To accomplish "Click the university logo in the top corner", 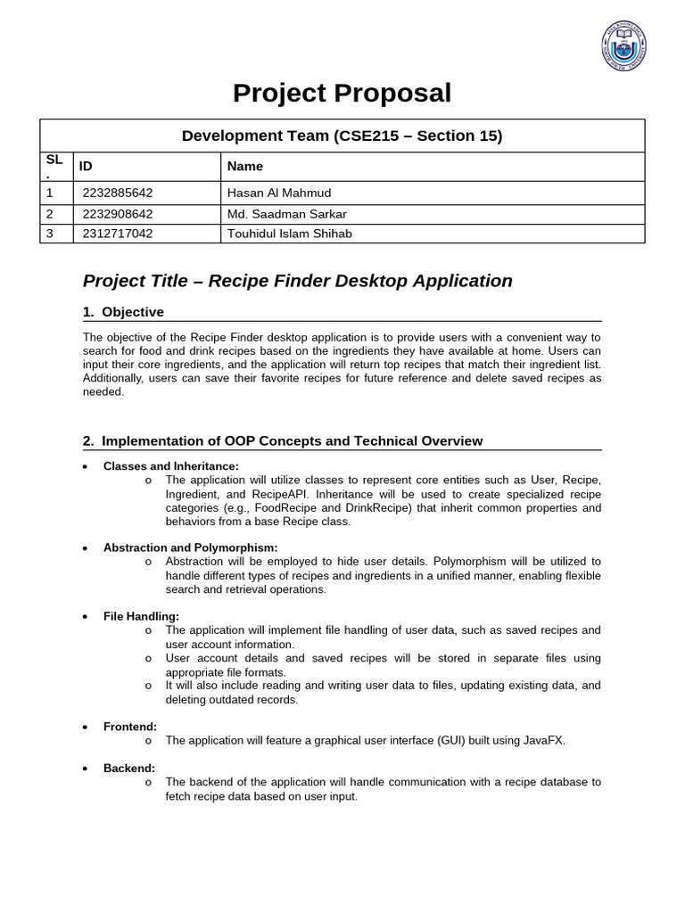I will click(623, 46).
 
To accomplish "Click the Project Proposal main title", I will click(342, 93).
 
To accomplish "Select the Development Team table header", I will click(342, 136).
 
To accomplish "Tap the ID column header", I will click(86, 166).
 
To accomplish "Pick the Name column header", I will click(245, 166).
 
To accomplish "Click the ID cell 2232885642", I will click(118, 193).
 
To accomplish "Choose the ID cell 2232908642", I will click(118, 214).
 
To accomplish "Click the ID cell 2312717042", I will click(118, 234).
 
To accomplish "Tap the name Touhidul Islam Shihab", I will click(290, 234).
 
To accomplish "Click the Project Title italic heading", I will click(298, 281).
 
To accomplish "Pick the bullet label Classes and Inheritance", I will click(171, 466).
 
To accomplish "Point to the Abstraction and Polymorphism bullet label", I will click(190, 547).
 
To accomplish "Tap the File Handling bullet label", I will click(141, 616).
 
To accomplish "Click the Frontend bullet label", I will click(130, 727).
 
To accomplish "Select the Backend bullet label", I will click(129, 768).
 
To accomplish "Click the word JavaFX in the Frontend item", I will click(544, 740).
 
